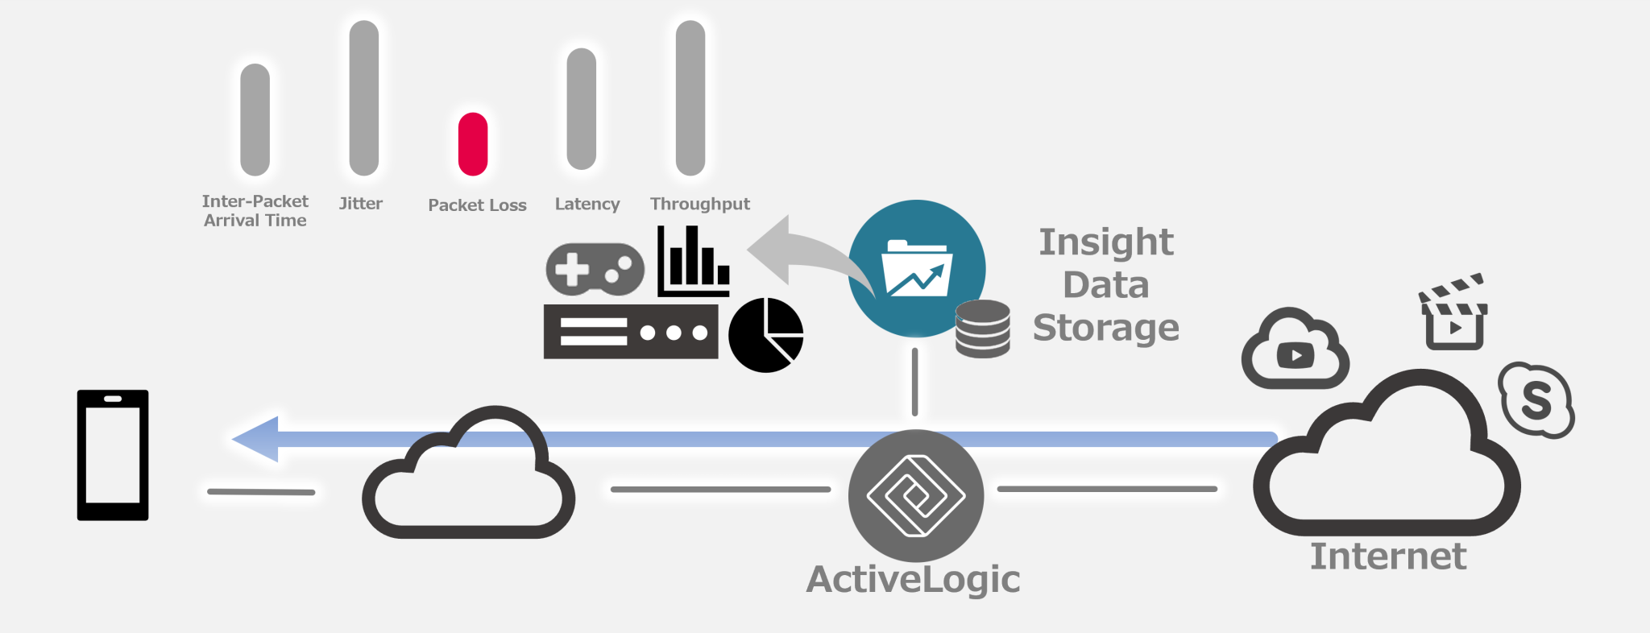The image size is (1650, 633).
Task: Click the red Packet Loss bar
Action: (x=473, y=144)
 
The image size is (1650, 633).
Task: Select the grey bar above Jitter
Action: (x=364, y=98)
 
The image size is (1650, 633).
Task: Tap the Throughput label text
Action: (x=699, y=204)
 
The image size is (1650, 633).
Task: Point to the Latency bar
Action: (x=581, y=109)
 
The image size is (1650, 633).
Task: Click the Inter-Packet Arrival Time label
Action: (x=255, y=210)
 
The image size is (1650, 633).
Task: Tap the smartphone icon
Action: (x=113, y=455)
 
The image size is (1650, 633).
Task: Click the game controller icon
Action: (x=595, y=269)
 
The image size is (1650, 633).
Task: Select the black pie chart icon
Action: (x=765, y=335)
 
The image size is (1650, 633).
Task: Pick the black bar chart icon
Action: (x=693, y=262)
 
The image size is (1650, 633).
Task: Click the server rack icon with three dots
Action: (x=630, y=332)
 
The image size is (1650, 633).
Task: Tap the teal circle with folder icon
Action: (x=916, y=267)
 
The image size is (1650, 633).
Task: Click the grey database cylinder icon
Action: (x=982, y=329)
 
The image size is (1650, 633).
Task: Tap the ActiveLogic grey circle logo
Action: (x=916, y=495)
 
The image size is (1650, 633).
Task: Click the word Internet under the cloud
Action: (x=1387, y=556)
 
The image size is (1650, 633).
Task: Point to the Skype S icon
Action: (x=1536, y=399)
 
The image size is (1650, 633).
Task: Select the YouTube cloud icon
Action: (x=1294, y=350)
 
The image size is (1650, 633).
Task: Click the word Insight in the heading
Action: (x=1105, y=242)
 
